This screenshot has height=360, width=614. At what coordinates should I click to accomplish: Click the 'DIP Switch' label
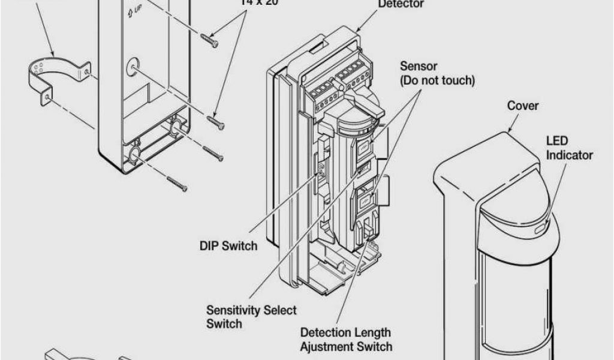coord(227,245)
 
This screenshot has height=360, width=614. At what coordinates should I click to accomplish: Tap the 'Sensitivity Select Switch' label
coord(251,317)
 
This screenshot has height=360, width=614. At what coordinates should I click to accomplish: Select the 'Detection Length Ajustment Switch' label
coord(346,339)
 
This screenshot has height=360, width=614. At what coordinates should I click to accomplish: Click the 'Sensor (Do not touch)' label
coord(437,73)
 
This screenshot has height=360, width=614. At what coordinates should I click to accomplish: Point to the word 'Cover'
coord(523,106)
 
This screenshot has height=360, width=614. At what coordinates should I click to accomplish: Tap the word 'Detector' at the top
coord(401,4)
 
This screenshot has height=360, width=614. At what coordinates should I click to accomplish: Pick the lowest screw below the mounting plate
coord(176,184)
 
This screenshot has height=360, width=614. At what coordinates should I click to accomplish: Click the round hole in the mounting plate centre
coord(132,68)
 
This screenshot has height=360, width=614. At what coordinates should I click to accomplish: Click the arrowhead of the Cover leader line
coord(511,130)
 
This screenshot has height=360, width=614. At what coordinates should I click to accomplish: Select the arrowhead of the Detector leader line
coord(359,31)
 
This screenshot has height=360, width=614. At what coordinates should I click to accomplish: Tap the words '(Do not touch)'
coord(437,79)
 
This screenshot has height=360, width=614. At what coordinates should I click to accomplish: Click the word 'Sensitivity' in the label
coord(233,310)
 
